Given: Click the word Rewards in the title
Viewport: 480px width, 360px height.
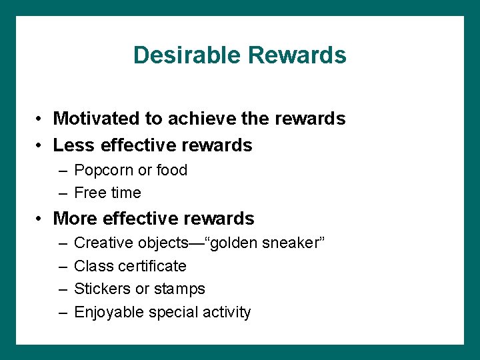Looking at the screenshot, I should (x=297, y=55).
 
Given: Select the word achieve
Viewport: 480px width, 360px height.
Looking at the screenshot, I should (x=197, y=119).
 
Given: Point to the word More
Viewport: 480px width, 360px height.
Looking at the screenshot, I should (x=74, y=218).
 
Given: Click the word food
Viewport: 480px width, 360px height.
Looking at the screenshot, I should (x=171, y=170).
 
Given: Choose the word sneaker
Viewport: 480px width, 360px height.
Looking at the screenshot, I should (x=293, y=243).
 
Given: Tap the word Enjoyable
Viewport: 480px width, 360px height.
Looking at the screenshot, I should (x=107, y=312).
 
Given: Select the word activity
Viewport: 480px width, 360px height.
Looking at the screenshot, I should (x=227, y=312).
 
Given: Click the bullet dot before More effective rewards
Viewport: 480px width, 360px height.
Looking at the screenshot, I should (x=41, y=219).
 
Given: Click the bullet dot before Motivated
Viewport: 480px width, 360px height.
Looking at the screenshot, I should (x=41, y=119).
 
